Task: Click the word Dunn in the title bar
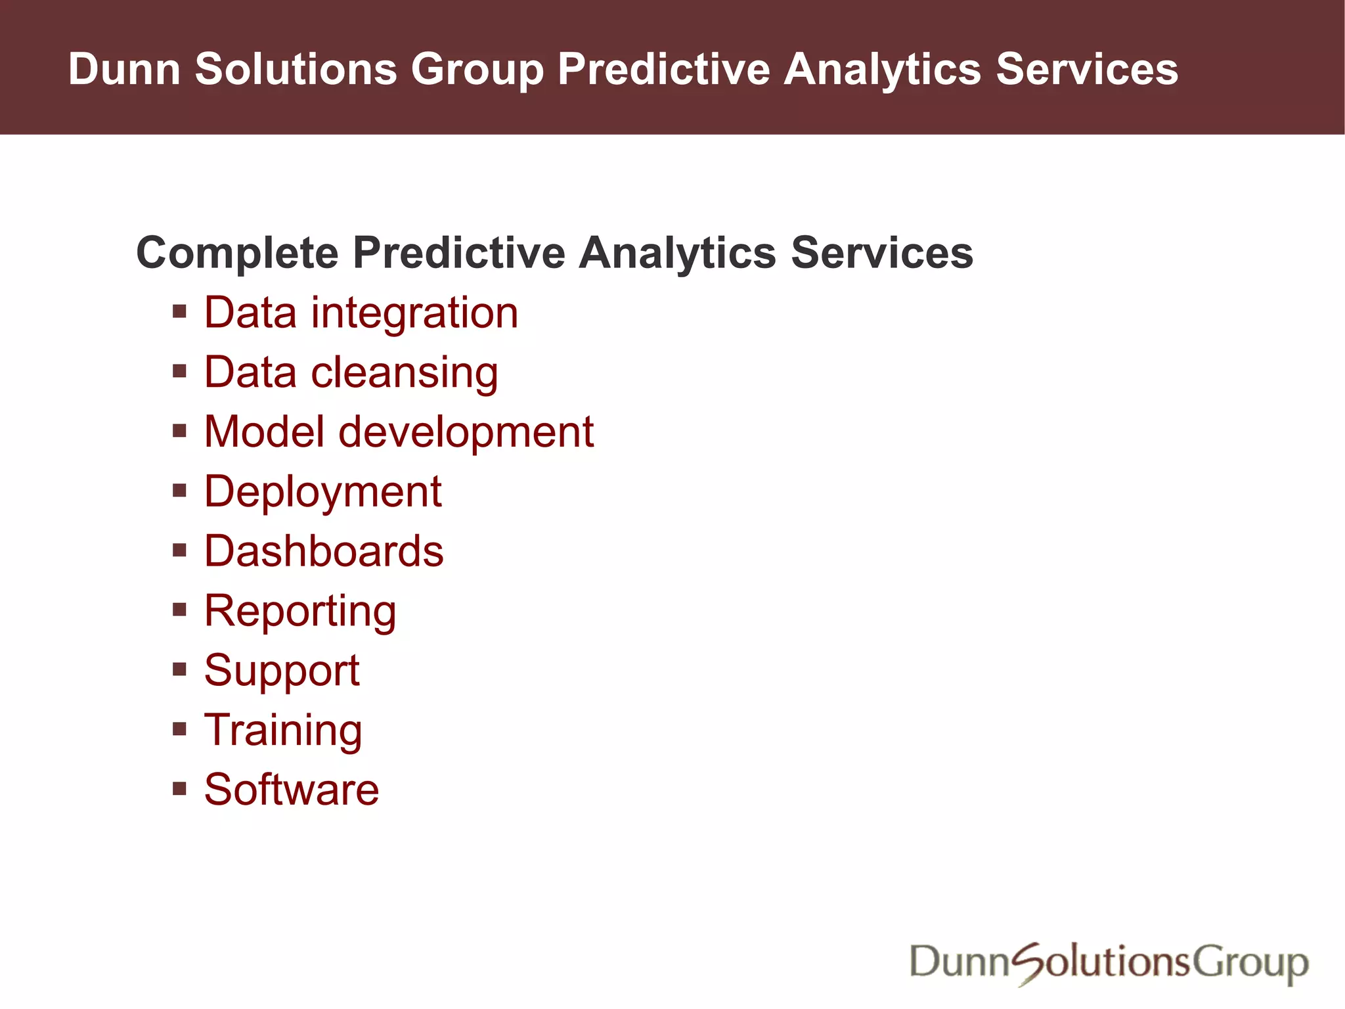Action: [124, 69]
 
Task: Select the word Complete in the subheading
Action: [236, 254]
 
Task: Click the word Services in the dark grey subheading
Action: [881, 253]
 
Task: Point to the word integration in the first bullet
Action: [414, 313]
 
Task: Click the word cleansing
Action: [403, 373]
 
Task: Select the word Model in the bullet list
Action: [264, 432]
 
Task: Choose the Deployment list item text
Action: [322, 493]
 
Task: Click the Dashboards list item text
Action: [324, 551]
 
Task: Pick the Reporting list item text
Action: [300, 612]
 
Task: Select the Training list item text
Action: [283, 730]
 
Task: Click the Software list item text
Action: [292, 790]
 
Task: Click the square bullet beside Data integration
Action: [179, 311]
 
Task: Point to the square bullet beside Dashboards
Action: [179, 550]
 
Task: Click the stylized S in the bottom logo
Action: [1029, 963]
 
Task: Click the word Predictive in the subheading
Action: [458, 253]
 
